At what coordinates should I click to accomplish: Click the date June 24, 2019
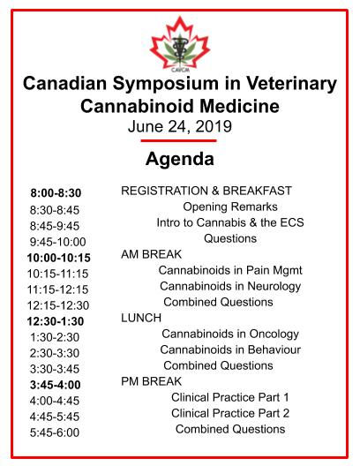click(x=180, y=126)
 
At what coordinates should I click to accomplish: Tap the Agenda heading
click(x=180, y=160)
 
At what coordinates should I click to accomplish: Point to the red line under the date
click(x=179, y=140)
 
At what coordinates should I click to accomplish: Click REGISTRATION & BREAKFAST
click(x=206, y=191)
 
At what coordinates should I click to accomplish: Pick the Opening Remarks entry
click(x=229, y=207)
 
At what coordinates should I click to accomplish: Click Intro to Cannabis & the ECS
click(x=229, y=222)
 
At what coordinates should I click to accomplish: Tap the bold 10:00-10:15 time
click(x=58, y=258)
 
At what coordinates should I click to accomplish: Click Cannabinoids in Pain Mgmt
click(x=229, y=270)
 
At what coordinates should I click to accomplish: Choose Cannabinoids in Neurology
click(x=230, y=286)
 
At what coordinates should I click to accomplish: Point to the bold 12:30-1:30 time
click(x=56, y=321)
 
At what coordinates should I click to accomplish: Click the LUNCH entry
click(x=141, y=318)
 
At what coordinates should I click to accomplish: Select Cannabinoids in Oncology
click(x=229, y=334)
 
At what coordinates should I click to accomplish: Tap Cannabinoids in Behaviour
click(x=230, y=349)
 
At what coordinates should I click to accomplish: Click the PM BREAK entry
click(x=151, y=381)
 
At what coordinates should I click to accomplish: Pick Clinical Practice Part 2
click(x=230, y=413)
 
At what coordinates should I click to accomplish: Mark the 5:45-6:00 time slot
click(x=54, y=432)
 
